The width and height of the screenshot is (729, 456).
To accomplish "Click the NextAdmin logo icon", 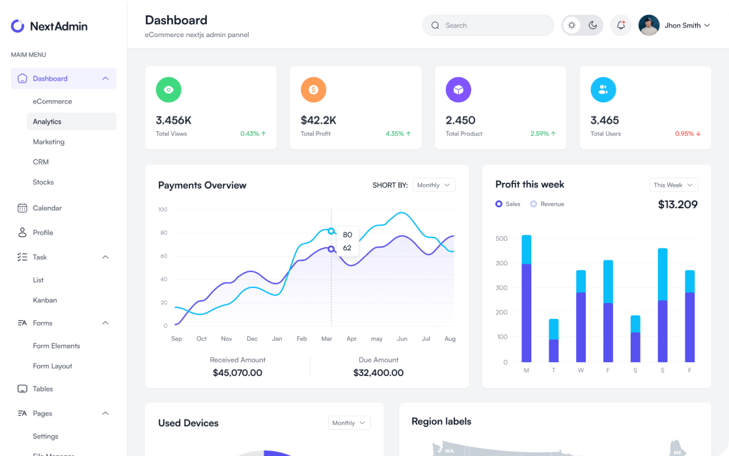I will click(x=18, y=26).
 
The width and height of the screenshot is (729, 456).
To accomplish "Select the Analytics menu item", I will click(x=47, y=122).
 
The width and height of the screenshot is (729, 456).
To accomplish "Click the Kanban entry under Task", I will click(x=45, y=301).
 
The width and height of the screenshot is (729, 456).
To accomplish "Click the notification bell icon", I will click(x=621, y=25).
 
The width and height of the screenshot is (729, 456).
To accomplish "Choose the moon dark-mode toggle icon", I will click(x=593, y=25).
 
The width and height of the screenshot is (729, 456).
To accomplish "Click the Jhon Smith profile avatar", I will click(x=649, y=25).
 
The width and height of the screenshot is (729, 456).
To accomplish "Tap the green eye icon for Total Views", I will click(x=169, y=90).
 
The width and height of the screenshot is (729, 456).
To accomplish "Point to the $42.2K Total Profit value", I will click(x=318, y=120).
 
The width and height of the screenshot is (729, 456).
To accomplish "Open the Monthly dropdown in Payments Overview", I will click(x=433, y=185).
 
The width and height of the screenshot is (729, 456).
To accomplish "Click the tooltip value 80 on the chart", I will click(x=348, y=235).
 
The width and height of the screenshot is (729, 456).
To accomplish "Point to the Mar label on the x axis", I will click(x=327, y=339).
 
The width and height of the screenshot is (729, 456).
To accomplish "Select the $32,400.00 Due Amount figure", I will click(x=378, y=373).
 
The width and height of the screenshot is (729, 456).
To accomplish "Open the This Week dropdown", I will click(x=674, y=185).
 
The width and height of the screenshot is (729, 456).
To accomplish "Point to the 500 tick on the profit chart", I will click(x=501, y=239).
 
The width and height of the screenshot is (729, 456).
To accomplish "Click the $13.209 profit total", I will click(x=678, y=205).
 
